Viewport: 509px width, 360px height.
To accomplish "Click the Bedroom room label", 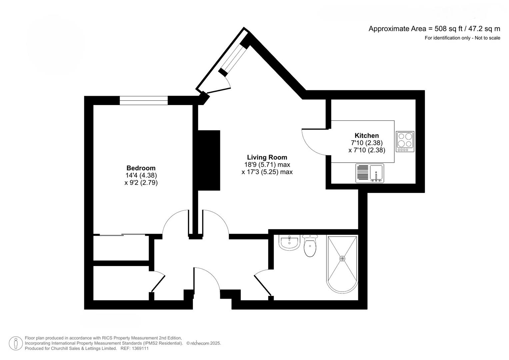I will [x=141, y=168].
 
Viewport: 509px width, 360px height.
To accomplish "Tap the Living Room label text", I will [x=267, y=157].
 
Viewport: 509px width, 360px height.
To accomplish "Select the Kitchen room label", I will [x=367, y=135].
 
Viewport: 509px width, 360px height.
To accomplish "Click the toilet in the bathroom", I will [x=310, y=247].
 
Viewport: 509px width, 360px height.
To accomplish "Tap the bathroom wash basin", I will [x=289, y=243].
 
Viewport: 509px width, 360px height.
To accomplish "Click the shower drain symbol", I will [x=342, y=259].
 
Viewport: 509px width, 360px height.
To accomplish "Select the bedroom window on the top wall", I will [x=144, y=100].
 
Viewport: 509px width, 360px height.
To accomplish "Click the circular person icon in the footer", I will [x=16, y=343].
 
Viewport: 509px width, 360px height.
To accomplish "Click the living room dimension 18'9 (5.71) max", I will [x=267, y=165].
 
